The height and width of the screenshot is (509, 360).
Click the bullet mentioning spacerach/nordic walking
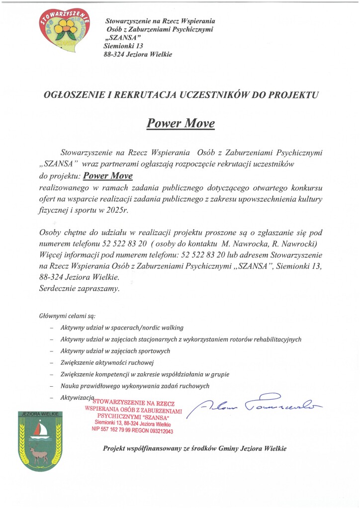(122, 328)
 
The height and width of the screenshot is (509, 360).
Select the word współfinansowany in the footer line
(152, 448)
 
